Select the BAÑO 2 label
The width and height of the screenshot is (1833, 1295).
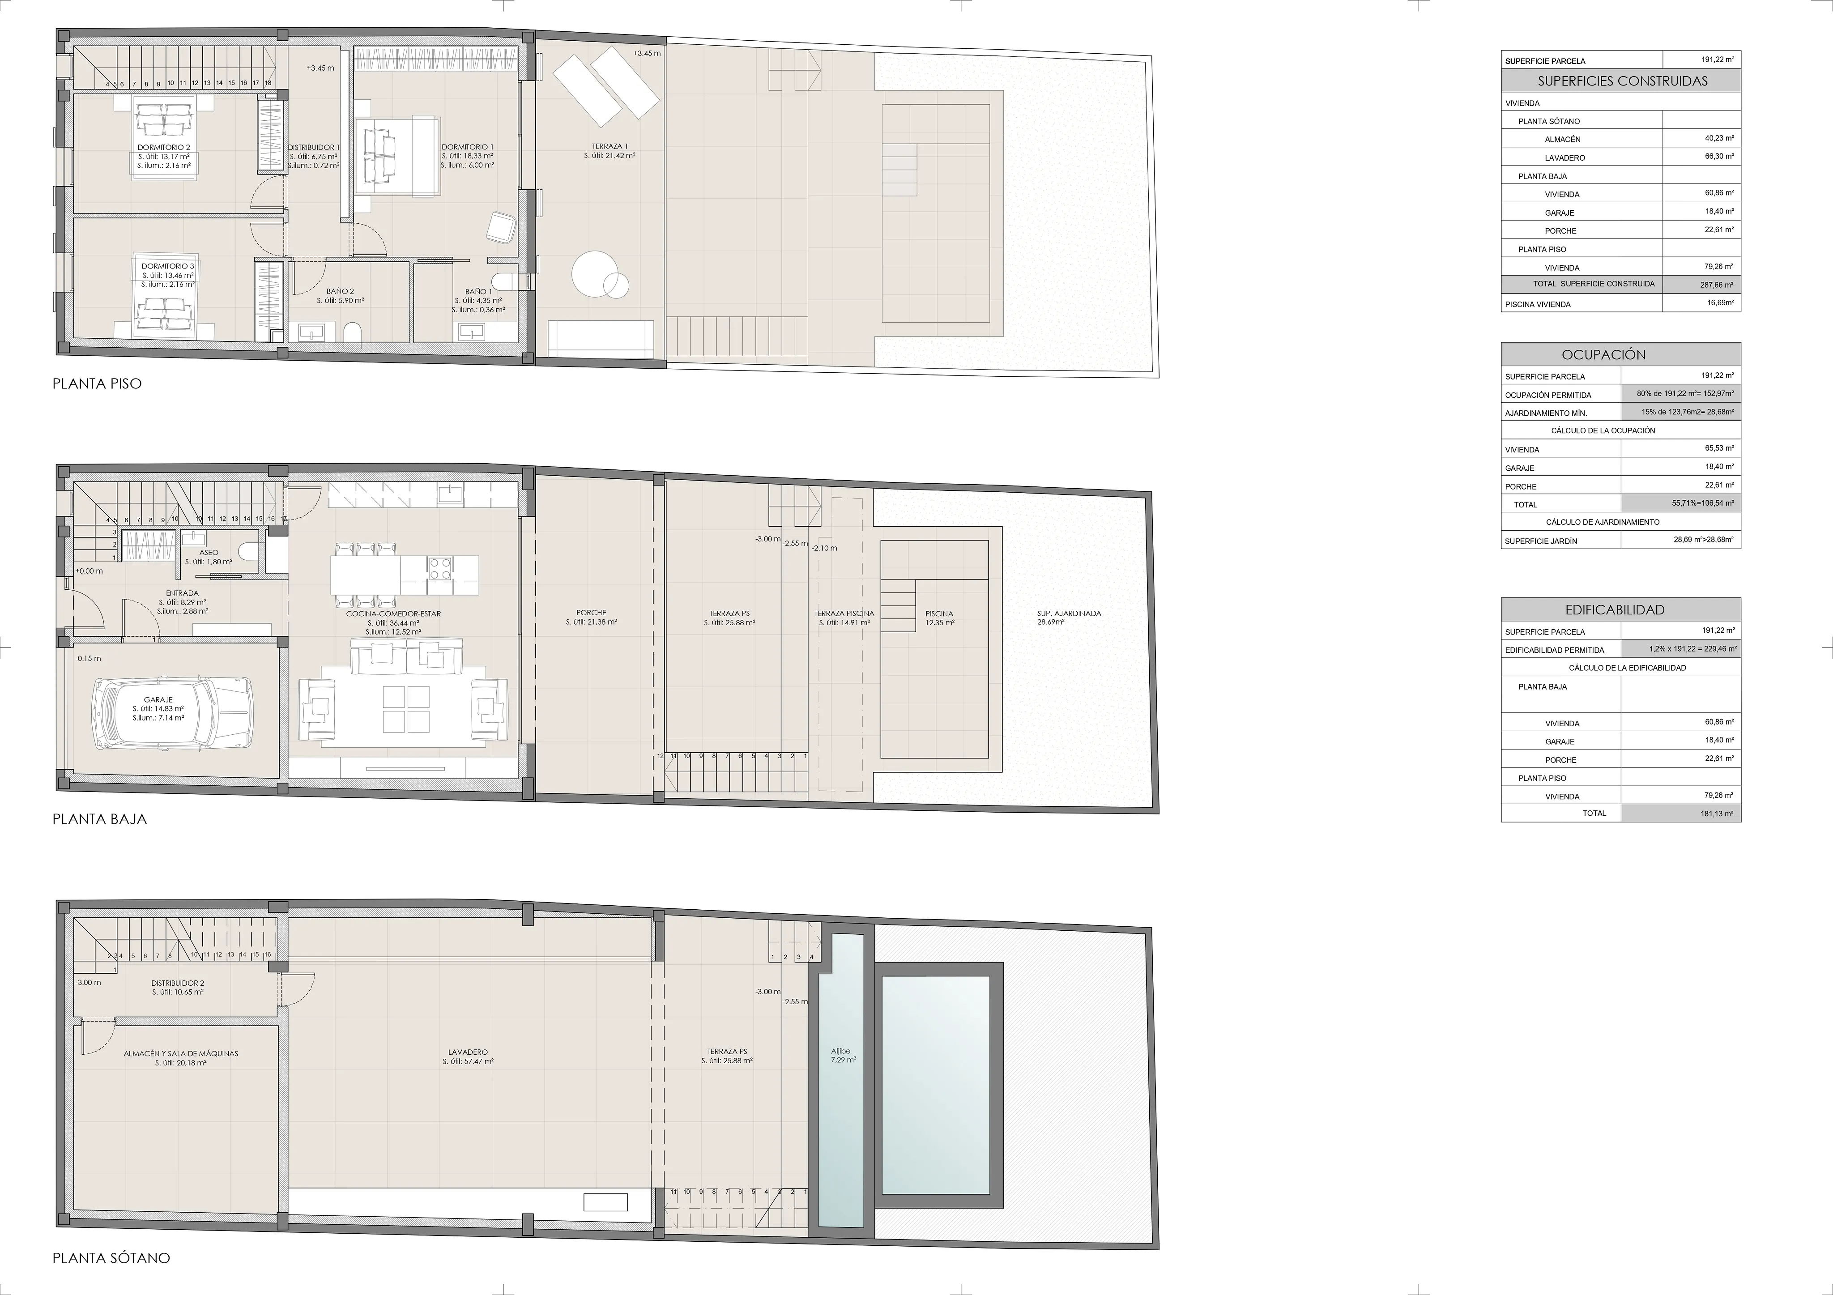(340, 291)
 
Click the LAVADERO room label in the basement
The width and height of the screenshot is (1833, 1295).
(467, 1052)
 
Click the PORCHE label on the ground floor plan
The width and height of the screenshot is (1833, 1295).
(591, 613)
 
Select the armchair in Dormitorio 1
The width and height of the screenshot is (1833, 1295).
(501, 227)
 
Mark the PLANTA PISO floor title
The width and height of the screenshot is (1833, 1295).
(97, 383)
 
